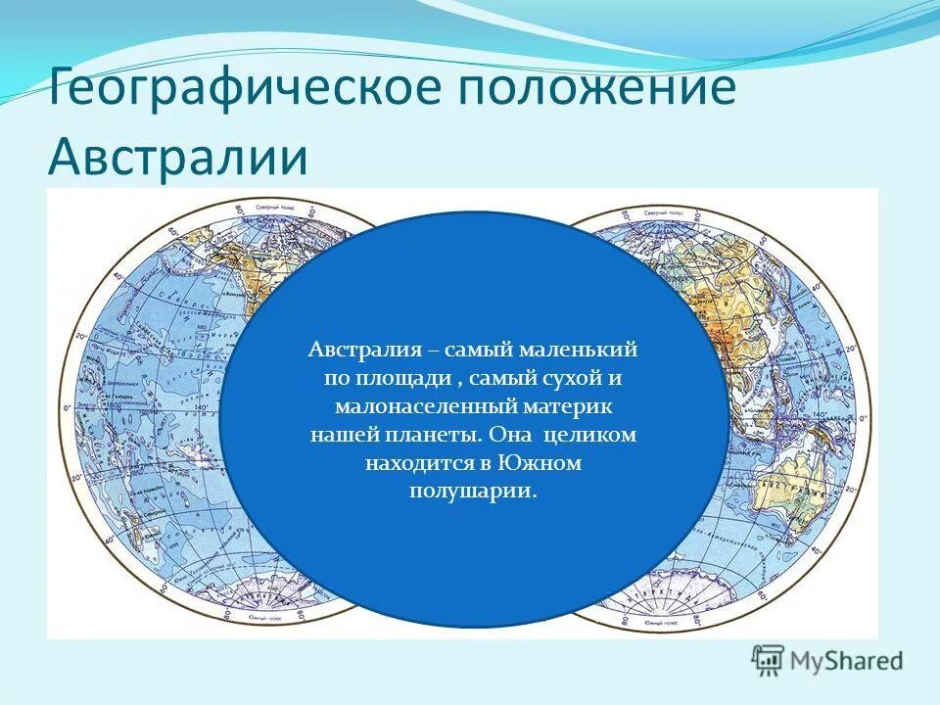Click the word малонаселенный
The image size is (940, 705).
pyautogui.click(x=410, y=404)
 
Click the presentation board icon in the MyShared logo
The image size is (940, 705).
pyautogui.click(x=769, y=659)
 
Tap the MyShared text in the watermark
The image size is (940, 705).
pyautogui.click(x=847, y=660)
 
